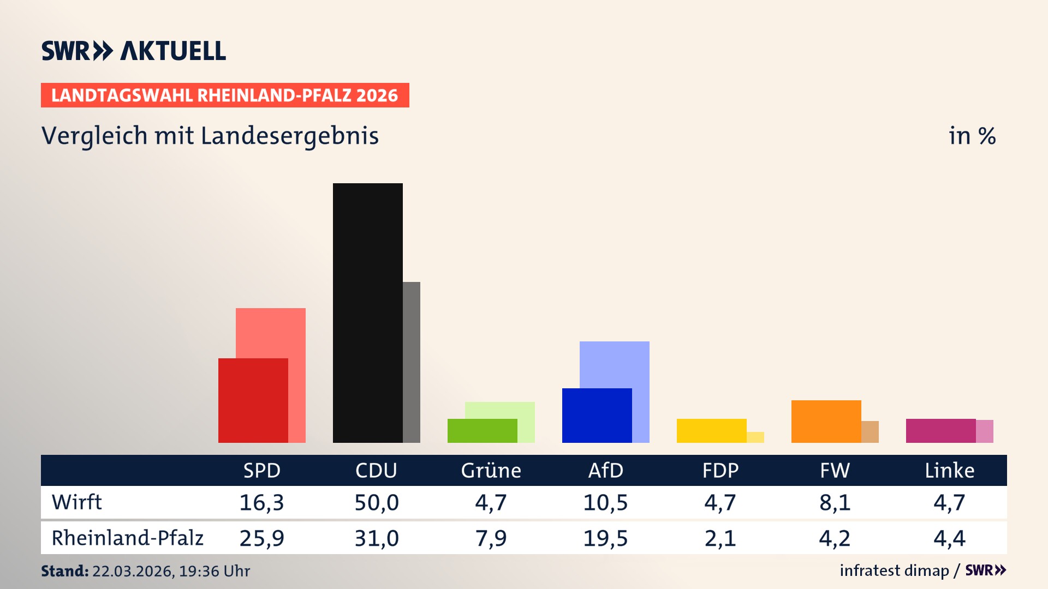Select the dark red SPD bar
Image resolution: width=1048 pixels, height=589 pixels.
pyautogui.click(x=253, y=400)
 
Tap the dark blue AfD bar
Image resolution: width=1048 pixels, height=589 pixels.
pyautogui.click(x=597, y=415)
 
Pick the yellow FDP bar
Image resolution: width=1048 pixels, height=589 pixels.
pyautogui.click(x=711, y=430)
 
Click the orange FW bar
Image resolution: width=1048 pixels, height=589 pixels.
pyautogui.click(x=826, y=421)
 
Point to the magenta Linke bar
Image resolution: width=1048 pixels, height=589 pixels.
pyautogui.click(x=940, y=430)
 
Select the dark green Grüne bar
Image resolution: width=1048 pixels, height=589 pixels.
pyautogui.click(x=482, y=430)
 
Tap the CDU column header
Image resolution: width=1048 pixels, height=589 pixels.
pyautogui.click(x=376, y=470)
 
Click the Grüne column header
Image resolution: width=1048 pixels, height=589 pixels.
pyautogui.click(x=491, y=470)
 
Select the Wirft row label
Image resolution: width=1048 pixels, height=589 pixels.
pyautogui.click(x=76, y=502)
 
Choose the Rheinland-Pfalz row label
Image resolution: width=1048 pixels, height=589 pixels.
pyautogui.click(x=127, y=538)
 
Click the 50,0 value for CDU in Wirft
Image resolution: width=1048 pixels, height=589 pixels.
pyautogui.click(x=376, y=502)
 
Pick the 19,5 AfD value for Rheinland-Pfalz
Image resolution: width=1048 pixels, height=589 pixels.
pyautogui.click(x=605, y=538)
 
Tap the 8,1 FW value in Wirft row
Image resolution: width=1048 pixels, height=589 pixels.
pyautogui.click(x=835, y=502)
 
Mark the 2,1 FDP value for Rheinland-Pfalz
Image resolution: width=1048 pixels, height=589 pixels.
pyautogui.click(x=720, y=538)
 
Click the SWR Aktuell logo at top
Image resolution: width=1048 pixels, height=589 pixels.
pyautogui.click(x=133, y=51)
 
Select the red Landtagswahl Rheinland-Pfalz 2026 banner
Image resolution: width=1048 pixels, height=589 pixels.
pyautogui.click(x=225, y=95)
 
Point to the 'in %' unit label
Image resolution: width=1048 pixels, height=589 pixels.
pyautogui.click(x=972, y=136)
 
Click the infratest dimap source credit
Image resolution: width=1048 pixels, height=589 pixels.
pyautogui.click(x=894, y=570)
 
